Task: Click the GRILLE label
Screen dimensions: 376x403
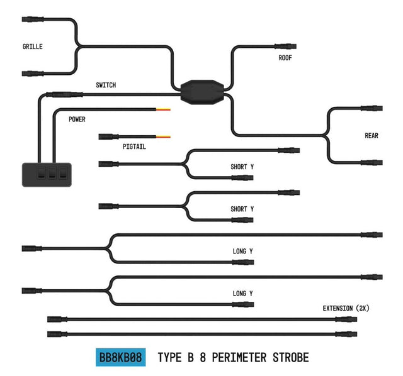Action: pos(33,47)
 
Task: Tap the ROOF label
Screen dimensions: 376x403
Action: pos(285,58)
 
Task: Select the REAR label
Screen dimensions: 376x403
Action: pos(372,136)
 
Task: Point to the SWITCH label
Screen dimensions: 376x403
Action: pos(105,85)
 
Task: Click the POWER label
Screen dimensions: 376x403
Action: pos(77,119)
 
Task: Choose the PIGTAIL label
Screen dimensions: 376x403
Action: pos(135,147)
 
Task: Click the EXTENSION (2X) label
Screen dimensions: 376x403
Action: pos(345,309)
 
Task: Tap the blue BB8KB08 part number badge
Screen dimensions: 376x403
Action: pos(120,358)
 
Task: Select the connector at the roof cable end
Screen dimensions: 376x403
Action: pos(287,46)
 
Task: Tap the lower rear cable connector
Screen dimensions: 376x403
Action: pos(371,162)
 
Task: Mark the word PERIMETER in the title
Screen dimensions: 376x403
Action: pos(232,358)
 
